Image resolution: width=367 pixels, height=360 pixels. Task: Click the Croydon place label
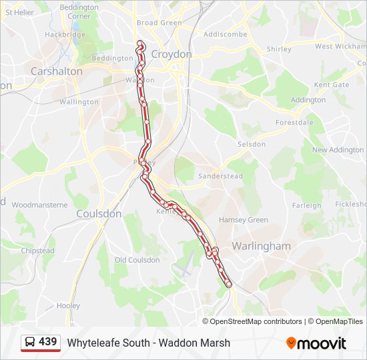(x=171, y=54)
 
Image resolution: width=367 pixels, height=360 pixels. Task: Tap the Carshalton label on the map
(x=57, y=71)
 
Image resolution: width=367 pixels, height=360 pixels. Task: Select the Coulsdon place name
(x=99, y=214)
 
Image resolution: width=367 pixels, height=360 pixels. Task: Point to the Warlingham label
(x=261, y=246)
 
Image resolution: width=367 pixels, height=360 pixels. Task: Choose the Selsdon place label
(x=252, y=144)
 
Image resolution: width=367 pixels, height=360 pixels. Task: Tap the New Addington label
(x=338, y=150)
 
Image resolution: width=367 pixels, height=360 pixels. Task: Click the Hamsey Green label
(x=244, y=220)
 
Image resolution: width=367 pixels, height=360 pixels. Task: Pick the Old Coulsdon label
(x=137, y=260)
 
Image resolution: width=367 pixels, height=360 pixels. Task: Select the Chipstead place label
(x=37, y=251)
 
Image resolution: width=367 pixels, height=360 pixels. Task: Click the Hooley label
(x=68, y=305)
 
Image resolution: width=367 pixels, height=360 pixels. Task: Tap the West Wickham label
(x=340, y=47)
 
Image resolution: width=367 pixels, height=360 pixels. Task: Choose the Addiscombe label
(x=226, y=34)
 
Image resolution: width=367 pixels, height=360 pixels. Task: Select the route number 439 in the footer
(x=47, y=342)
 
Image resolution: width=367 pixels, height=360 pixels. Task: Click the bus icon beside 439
(x=30, y=343)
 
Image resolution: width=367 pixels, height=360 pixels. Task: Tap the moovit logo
(x=316, y=343)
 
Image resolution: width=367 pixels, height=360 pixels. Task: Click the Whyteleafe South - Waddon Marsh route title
(x=149, y=343)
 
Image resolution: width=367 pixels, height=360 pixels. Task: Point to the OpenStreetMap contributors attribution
(x=256, y=321)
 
